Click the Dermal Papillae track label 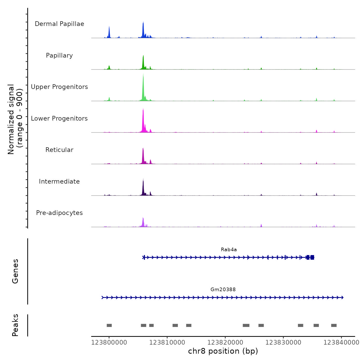point(59,24)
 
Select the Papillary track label point(59,55)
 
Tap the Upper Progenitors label point(59,87)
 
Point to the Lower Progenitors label point(59,118)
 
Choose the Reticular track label point(59,150)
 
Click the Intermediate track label point(59,181)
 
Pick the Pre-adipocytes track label point(59,213)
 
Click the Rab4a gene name point(229,250)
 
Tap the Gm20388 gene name point(223,290)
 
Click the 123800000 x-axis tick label point(109,343)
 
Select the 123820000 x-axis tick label point(225,343)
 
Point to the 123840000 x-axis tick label point(341,343)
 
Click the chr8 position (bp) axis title point(223,351)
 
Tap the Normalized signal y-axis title point(11,119)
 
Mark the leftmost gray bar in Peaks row point(109,325)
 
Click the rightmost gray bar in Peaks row point(334,325)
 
